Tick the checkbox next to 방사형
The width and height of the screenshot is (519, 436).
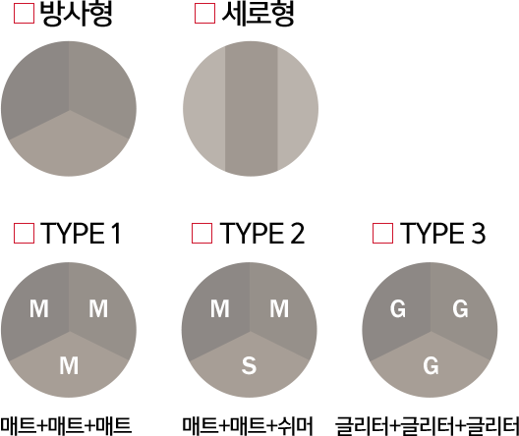pos(24,13)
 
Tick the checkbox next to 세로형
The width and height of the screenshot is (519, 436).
pos(204,13)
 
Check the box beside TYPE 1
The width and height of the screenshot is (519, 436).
pos(24,233)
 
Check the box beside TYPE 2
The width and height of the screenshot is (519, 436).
pos(202,233)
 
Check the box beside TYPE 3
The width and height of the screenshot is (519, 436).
pos(382,233)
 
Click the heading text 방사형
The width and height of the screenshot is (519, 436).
pos(76,14)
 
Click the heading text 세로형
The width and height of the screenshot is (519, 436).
pos(258,14)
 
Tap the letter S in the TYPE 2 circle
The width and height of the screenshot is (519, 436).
pos(249,365)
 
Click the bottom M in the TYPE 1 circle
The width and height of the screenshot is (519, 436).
pos(69,365)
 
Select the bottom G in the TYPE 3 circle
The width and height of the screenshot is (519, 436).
pos(431,365)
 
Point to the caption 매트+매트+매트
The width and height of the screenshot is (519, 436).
pos(66,426)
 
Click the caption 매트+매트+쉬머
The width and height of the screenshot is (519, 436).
pos(248,426)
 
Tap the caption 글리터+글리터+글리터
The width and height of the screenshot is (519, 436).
pos(427,426)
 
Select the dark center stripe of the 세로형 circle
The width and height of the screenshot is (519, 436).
pos(251,109)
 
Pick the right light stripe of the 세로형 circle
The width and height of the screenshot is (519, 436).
pos(297,109)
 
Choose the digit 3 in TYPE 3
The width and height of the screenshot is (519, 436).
pos(478,234)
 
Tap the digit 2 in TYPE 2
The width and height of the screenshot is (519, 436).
pos(297,234)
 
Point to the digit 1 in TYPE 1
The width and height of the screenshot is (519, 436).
pos(116,234)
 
